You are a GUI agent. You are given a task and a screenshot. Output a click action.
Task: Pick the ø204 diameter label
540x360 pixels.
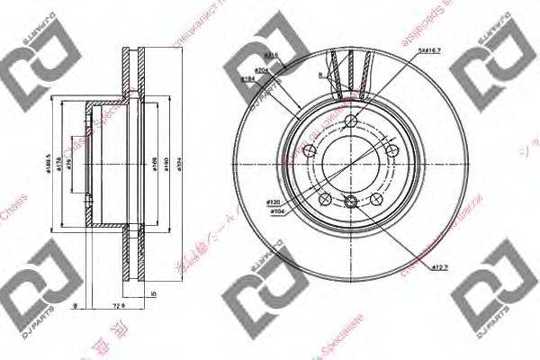point(262,68)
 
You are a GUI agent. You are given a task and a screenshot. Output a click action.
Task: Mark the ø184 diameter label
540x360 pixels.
point(247,80)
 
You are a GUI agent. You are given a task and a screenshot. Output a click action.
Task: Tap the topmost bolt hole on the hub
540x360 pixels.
point(352,124)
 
